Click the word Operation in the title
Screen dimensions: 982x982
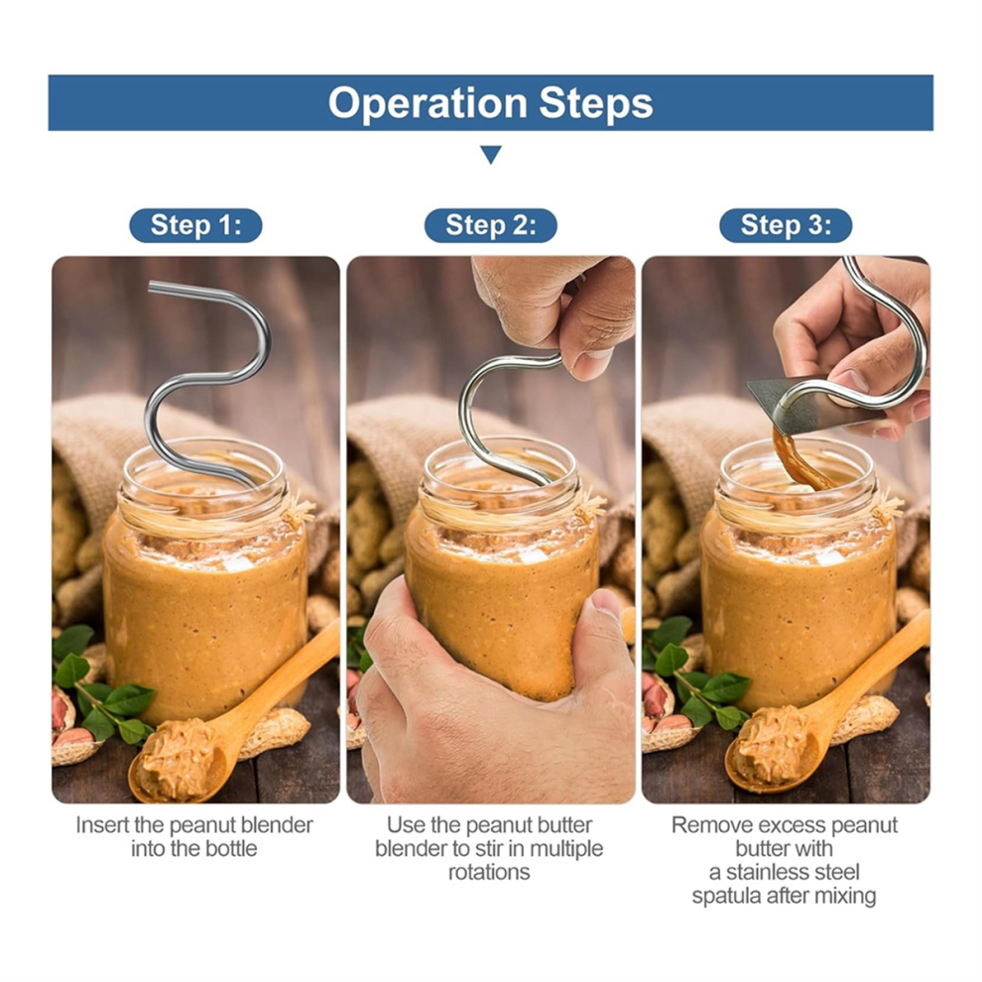point(428,103)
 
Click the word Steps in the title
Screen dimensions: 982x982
point(596,103)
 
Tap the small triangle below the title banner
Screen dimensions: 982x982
point(491,155)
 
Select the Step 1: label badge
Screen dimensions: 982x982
point(195,225)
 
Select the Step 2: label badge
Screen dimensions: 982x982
point(490,225)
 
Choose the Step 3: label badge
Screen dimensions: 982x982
point(786,225)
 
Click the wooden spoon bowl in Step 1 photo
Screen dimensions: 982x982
point(179,761)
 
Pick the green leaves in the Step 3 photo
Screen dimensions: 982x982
point(695,676)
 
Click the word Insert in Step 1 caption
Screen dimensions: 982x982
point(103,825)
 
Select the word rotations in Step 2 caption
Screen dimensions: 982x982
point(489,873)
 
